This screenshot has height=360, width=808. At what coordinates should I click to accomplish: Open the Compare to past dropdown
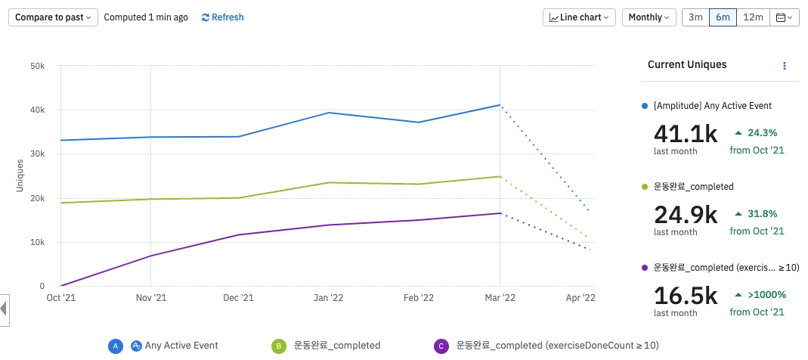(x=53, y=17)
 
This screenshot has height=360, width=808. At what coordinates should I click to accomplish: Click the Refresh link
(x=222, y=17)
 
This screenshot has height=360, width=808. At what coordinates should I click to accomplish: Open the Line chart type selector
(x=579, y=17)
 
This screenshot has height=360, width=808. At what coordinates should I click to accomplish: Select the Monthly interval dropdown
(x=649, y=17)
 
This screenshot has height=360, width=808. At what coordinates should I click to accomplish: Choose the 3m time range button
(x=695, y=17)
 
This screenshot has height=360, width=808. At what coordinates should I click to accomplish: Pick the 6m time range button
(x=723, y=17)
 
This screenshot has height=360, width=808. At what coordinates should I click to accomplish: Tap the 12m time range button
(x=753, y=17)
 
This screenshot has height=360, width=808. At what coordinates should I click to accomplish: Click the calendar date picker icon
(x=784, y=17)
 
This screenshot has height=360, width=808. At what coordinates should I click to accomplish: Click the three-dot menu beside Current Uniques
(x=785, y=66)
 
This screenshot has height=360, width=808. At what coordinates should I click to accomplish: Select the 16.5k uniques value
(x=685, y=296)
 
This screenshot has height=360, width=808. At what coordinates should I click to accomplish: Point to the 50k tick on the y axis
(x=36, y=67)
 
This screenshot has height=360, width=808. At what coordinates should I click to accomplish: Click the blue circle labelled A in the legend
(x=115, y=346)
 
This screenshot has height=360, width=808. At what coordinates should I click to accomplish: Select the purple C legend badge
(x=440, y=346)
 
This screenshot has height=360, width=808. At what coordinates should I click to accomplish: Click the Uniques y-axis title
(x=20, y=175)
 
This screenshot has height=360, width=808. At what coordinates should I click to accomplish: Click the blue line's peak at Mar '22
(x=500, y=105)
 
